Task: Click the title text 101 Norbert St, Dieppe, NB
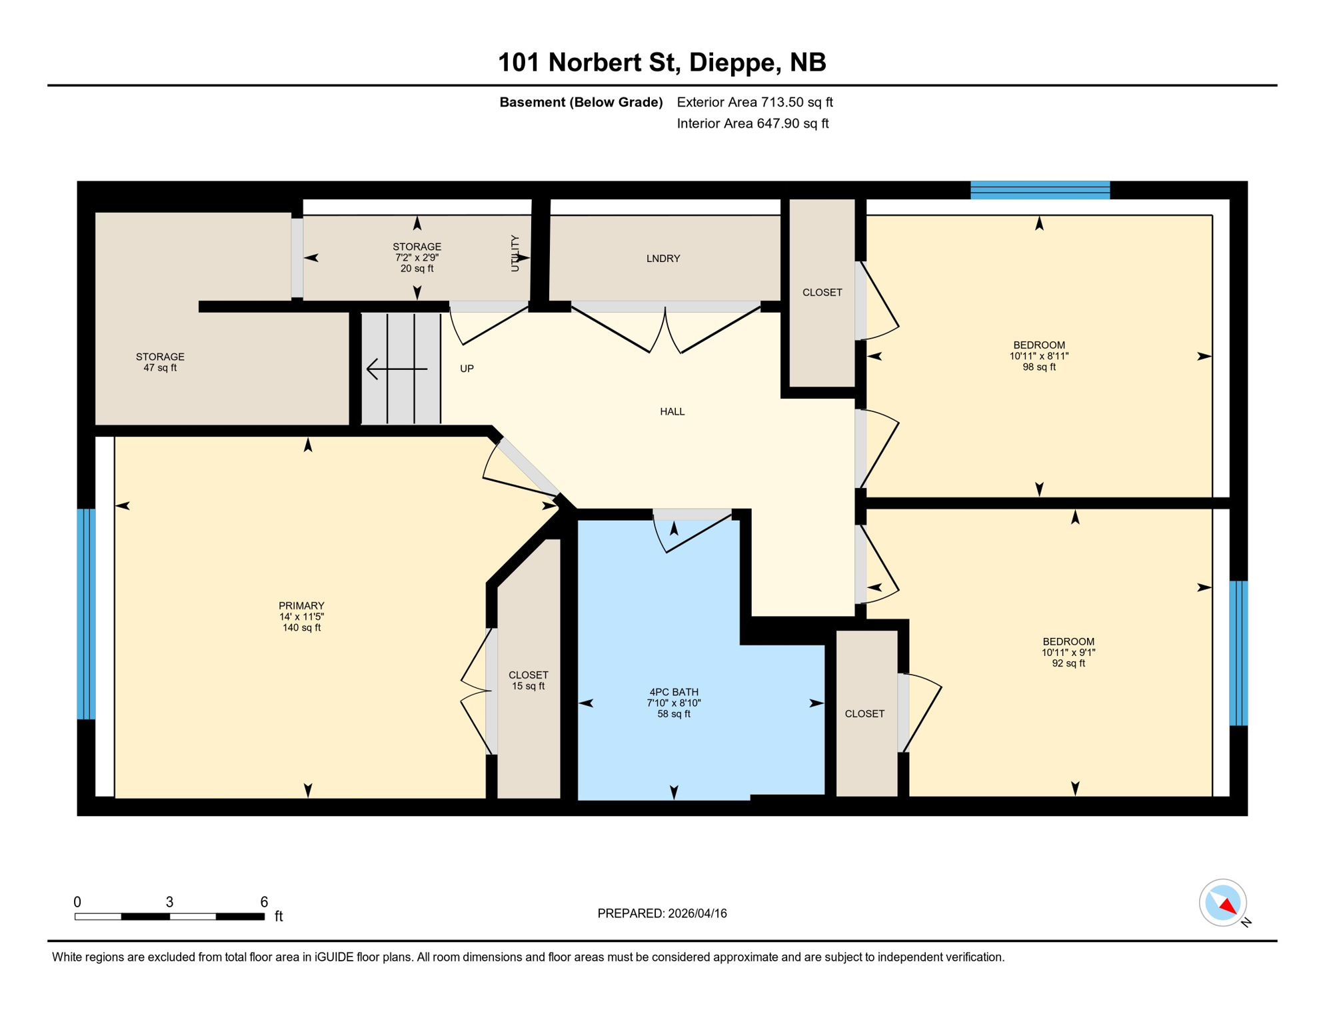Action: (x=662, y=62)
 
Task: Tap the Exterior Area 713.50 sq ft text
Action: (x=754, y=102)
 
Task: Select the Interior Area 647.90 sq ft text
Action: (x=752, y=123)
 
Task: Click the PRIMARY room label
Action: (x=301, y=605)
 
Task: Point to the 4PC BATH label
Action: (x=673, y=692)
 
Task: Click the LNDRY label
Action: (x=662, y=259)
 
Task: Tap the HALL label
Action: (x=672, y=411)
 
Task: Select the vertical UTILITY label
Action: (x=515, y=253)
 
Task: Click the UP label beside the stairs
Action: (x=467, y=369)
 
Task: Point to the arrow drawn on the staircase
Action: (x=396, y=369)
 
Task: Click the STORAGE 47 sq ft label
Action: (x=160, y=362)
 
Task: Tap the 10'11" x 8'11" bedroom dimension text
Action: (x=1038, y=356)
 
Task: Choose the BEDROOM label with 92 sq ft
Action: (x=1068, y=641)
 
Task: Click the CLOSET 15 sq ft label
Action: (x=528, y=680)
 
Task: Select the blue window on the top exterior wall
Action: (x=1040, y=190)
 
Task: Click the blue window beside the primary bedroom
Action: (x=86, y=613)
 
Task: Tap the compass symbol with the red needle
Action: (x=1222, y=903)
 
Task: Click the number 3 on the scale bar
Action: (x=169, y=902)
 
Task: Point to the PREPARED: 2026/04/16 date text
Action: (x=662, y=913)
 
